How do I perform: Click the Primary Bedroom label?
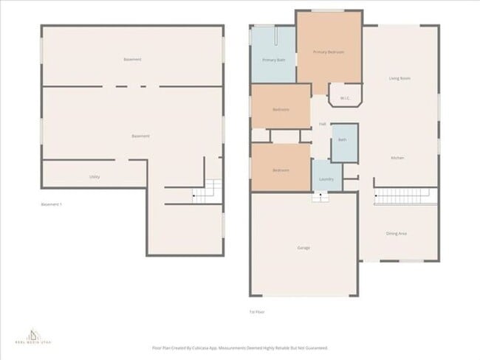tap(329, 52)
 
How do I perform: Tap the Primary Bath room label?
tap(273, 59)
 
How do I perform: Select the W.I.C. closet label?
tap(344, 97)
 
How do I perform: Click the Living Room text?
tap(400, 78)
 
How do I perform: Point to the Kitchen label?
tap(397, 158)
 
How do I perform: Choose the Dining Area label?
tap(397, 233)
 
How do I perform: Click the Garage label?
tap(303, 247)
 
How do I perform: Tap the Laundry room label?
tap(326, 179)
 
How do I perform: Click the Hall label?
tap(323, 123)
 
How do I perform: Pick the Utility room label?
tap(95, 177)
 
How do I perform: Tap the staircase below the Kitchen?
tap(405, 196)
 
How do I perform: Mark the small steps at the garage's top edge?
tap(320, 196)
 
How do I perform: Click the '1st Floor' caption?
tap(257, 311)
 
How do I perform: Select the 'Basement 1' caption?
tap(52, 204)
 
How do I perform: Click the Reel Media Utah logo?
tap(32, 335)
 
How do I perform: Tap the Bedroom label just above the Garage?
tap(281, 170)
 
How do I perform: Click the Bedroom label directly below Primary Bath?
tap(281, 109)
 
